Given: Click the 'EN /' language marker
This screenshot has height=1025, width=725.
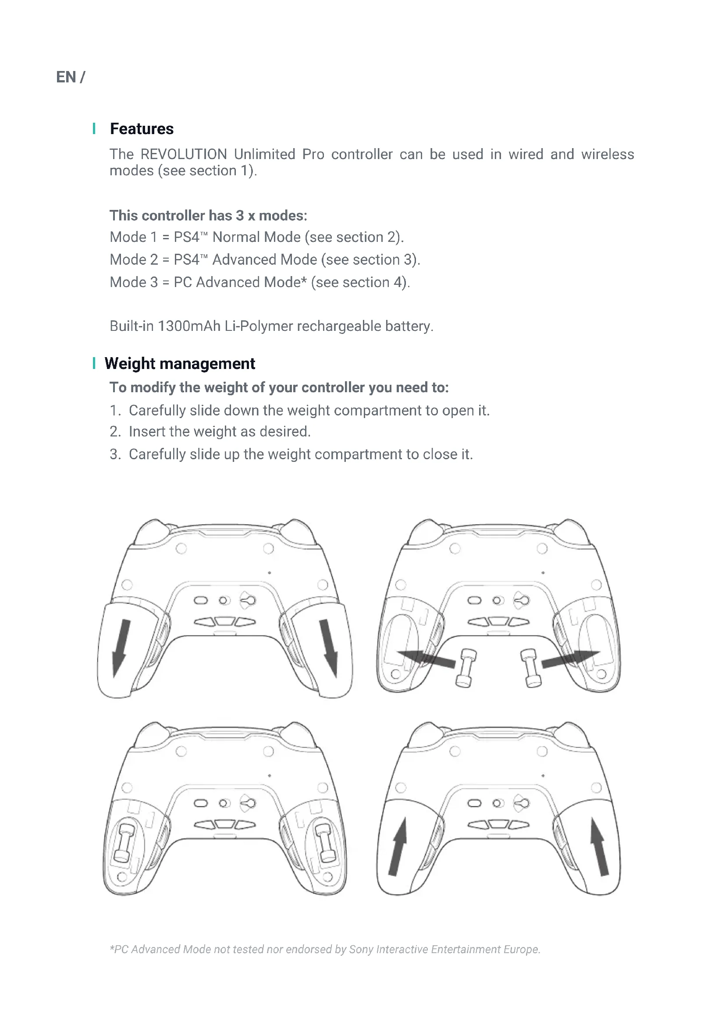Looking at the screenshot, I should click(x=70, y=77).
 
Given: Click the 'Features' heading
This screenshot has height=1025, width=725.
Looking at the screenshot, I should click(x=142, y=128).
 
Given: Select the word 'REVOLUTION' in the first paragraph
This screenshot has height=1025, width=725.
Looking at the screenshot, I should click(x=184, y=154).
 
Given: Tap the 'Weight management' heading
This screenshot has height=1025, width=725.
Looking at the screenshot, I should click(x=179, y=363).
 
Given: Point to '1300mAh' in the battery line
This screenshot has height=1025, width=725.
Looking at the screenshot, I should click(x=189, y=326).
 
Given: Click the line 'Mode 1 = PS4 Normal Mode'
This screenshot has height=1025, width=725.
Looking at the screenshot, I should click(x=256, y=237).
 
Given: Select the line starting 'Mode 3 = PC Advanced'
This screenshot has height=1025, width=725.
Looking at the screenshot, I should click(x=259, y=282).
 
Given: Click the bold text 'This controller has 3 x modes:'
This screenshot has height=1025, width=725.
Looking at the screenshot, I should click(x=208, y=216).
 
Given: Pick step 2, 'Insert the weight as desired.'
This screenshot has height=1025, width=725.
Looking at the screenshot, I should click(x=210, y=431).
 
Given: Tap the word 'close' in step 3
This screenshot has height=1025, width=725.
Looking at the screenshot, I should click(x=440, y=454).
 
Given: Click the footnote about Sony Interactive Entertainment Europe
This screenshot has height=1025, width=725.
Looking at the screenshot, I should click(x=324, y=949).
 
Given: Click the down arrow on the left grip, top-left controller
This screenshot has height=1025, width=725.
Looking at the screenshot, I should click(x=121, y=648).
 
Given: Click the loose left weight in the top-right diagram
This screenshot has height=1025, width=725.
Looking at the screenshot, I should click(x=466, y=668).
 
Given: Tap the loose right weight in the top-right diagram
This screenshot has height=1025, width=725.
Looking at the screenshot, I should click(x=531, y=668).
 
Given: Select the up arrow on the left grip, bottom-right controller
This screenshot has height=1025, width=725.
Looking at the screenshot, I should click(x=398, y=847).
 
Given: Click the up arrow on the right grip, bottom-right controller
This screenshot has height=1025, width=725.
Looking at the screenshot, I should click(x=600, y=847).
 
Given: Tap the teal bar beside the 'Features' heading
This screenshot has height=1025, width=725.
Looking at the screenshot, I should click(x=94, y=128).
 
